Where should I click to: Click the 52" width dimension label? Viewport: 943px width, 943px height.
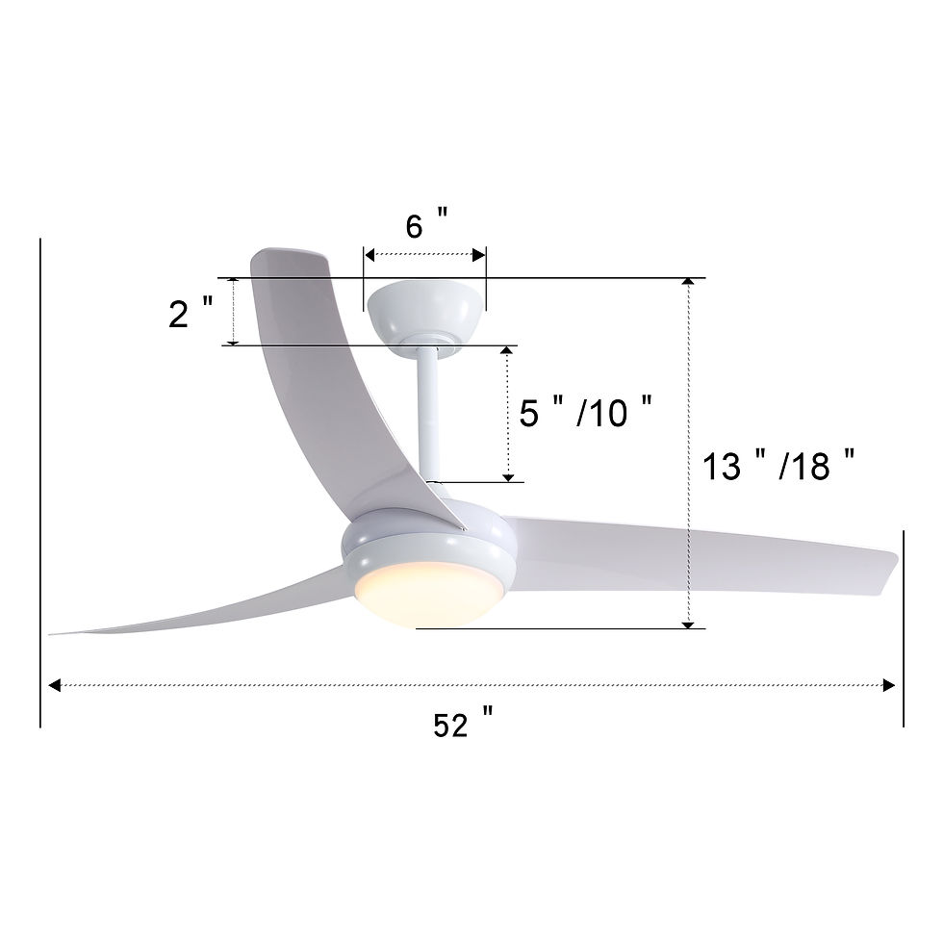(463, 723)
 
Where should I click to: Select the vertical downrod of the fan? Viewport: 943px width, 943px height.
(429, 415)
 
